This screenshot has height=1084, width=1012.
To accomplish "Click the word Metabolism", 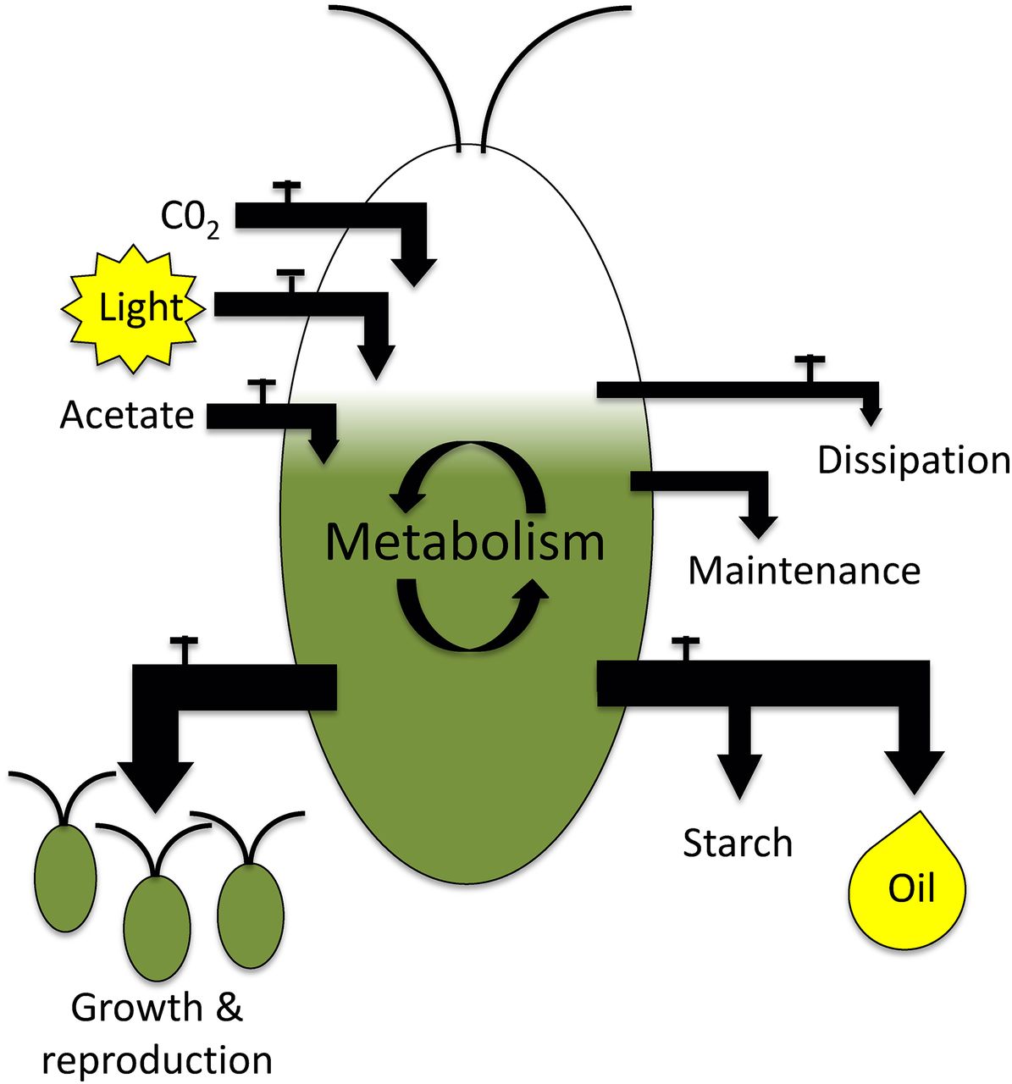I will coord(465,542).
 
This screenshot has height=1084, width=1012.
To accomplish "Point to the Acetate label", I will coord(127,415).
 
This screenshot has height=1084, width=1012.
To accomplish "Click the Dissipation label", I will coord(913,460).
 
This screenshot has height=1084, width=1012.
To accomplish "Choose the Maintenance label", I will coord(804,570).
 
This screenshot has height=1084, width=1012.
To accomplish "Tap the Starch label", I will coord(738,843).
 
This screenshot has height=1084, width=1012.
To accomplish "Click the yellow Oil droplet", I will coord(908,886).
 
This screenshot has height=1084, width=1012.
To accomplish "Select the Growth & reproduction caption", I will coord(158,1034).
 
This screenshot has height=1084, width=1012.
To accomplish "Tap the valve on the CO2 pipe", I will coord(287,190).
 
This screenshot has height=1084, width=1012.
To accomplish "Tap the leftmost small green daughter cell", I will coord(65,869).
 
